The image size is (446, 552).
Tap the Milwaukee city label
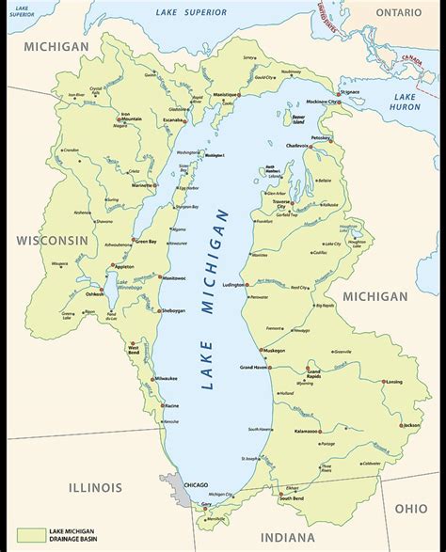pyautogui.click(x=166, y=377)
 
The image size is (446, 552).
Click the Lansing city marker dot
pyautogui.click(x=383, y=382)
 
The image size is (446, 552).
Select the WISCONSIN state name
pyautogui.click(x=52, y=239)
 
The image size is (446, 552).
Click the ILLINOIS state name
pyautogui.click(x=94, y=487)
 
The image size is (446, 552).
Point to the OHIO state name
pyautogui.click(x=410, y=508)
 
